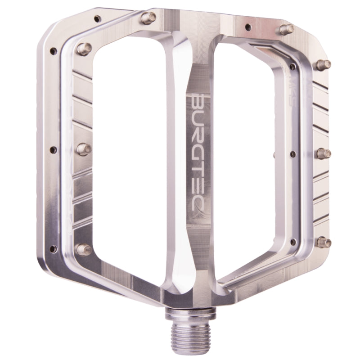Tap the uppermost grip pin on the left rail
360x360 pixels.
pos(84,48)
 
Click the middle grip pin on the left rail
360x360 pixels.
pos(84,148)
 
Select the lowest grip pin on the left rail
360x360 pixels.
pos(84,248)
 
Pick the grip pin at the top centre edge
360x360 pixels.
pos(148,18)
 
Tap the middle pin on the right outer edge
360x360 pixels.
pos(324,153)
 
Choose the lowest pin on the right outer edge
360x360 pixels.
pos(324,242)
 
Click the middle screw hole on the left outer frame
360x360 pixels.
pos(53,150)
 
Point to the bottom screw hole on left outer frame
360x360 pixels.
pos(53,248)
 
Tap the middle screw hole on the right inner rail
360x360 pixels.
pos(293,154)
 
